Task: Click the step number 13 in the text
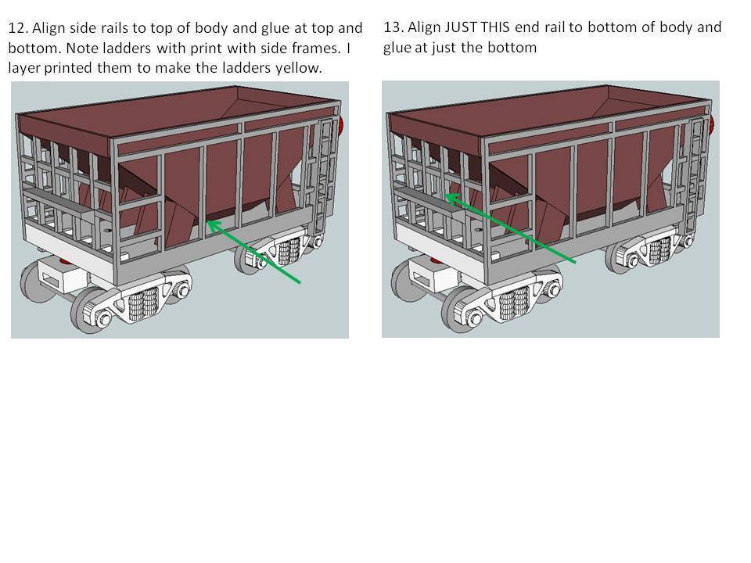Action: pyautogui.click(x=393, y=27)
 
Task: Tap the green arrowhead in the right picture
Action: pyautogui.click(x=452, y=198)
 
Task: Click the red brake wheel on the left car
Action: pyautogui.click(x=342, y=127)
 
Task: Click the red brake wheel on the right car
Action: pyautogui.click(x=712, y=125)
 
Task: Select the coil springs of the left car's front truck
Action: pyautogui.click(x=142, y=303)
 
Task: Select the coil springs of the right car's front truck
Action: pyautogui.click(x=514, y=303)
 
